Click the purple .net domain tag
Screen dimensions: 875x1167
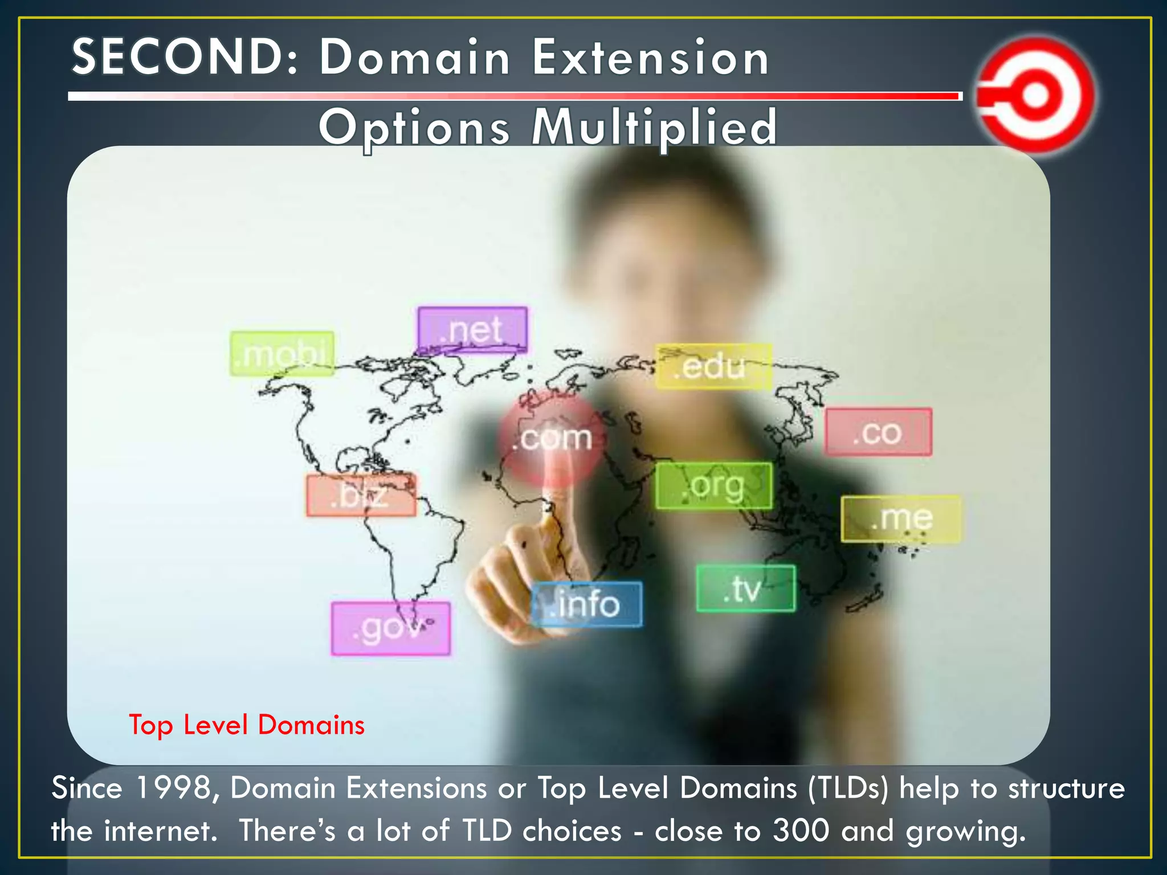(472, 330)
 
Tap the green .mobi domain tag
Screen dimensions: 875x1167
(282, 354)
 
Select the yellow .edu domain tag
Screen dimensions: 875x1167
(713, 366)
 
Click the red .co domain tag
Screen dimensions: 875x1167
(878, 432)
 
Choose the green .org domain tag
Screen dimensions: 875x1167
(714, 486)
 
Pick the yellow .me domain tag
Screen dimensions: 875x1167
(901, 518)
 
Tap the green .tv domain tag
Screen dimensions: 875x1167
(745, 588)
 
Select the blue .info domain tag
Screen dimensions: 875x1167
(587, 604)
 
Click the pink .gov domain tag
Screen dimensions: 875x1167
(391, 628)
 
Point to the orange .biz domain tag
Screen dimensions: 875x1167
(361, 495)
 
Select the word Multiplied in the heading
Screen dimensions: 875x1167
(654, 127)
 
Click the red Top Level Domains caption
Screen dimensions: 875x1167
(247, 725)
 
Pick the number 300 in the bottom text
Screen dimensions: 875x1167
(801, 831)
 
